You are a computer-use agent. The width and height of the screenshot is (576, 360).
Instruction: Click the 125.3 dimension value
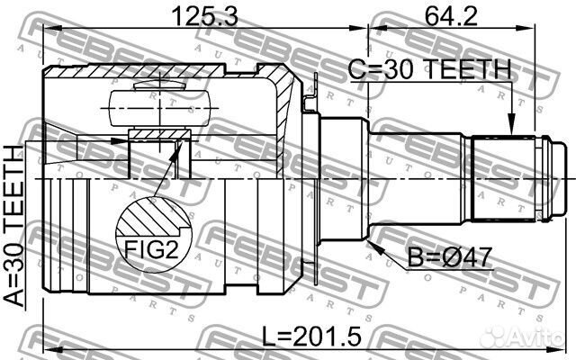(205, 16)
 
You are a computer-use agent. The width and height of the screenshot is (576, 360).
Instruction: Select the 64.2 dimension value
(451, 16)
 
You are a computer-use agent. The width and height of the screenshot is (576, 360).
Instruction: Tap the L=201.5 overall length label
(312, 337)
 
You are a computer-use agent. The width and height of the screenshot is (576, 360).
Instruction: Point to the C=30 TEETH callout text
(429, 69)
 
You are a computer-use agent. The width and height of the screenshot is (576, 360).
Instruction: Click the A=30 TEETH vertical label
(14, 226)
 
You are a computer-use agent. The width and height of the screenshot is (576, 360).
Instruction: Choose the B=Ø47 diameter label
(450, 257)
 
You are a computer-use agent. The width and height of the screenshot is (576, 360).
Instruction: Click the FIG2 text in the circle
(151, 250)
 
